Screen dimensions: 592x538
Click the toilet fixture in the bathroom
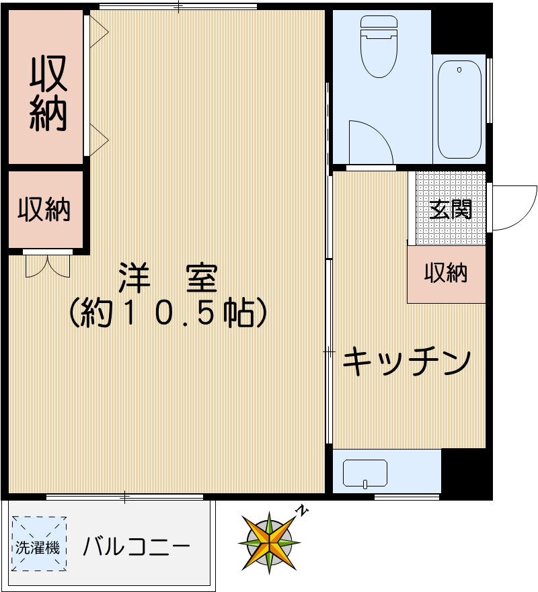[379, 50]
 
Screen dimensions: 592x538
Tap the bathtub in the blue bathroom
[460, 109]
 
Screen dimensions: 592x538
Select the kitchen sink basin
[364, 473]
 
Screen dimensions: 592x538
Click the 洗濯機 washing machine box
[38, 543]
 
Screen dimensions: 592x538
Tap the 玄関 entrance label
[451, 210]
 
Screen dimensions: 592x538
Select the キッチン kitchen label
[406, 364]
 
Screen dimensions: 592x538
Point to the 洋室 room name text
[168, 277]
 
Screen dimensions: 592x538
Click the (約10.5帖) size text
[168, 312]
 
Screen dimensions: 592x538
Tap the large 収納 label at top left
[48, 95]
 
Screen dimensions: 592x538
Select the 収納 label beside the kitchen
[446, 273]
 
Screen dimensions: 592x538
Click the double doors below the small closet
[48, 265]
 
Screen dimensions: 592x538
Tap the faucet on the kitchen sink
[364, 483]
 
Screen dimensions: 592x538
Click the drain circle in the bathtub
[460, 70]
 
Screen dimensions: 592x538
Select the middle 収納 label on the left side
[44, 210]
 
